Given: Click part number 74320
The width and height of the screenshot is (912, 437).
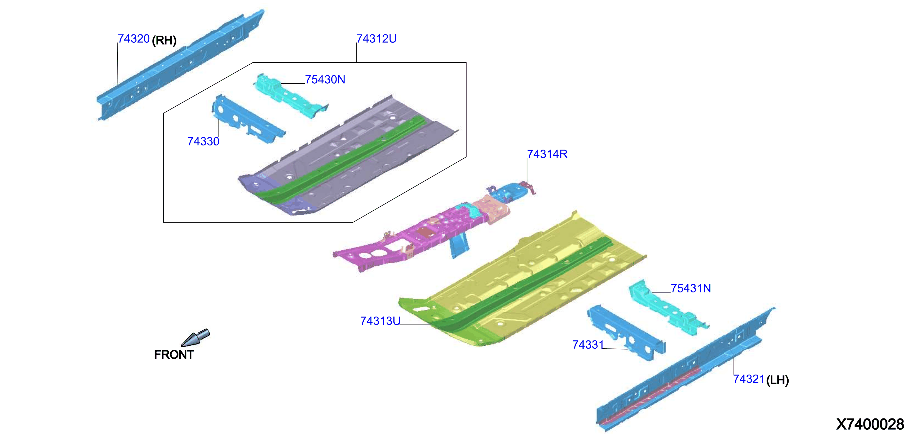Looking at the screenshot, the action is pyautogui.click(x=133, y=39).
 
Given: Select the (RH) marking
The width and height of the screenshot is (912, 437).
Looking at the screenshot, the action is pyautogui.click(x=164, y=40).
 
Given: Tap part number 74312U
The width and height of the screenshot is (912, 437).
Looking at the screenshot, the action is pyautogui.click(x=376, y=39).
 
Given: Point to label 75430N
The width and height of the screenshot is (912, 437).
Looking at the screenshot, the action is pyautogui.click(x=325, y=79).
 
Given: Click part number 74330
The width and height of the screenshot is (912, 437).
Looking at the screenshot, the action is pyautogui.click(x=203, y=141).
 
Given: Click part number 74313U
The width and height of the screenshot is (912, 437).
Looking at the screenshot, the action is pyautogui.click(x=380, y=321).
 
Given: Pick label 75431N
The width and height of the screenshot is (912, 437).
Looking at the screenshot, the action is pyautogui.click(x=691, y=288).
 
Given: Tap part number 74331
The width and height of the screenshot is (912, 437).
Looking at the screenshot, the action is pyautogui.click(x=588, y=345).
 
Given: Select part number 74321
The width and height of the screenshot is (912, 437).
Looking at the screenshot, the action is pyautogui.click(x=749, y=379).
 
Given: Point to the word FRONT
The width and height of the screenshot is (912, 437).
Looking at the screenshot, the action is pyautogui.click(x=174, y=355).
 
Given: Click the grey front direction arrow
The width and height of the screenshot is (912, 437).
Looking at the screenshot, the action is pyautogui.click(x=195, y=338).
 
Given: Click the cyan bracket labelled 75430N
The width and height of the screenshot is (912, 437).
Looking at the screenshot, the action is pyautogui.click(x=290, y=95).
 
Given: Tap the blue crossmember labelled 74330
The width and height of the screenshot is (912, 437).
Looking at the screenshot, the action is pyautogui.click(x=248, y=119).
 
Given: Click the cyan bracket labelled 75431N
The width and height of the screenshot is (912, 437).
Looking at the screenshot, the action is pyautogui.click(x=667, y=307).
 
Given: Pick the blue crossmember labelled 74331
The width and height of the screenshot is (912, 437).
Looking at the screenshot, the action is pyautogui.click(x=625, y=332).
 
